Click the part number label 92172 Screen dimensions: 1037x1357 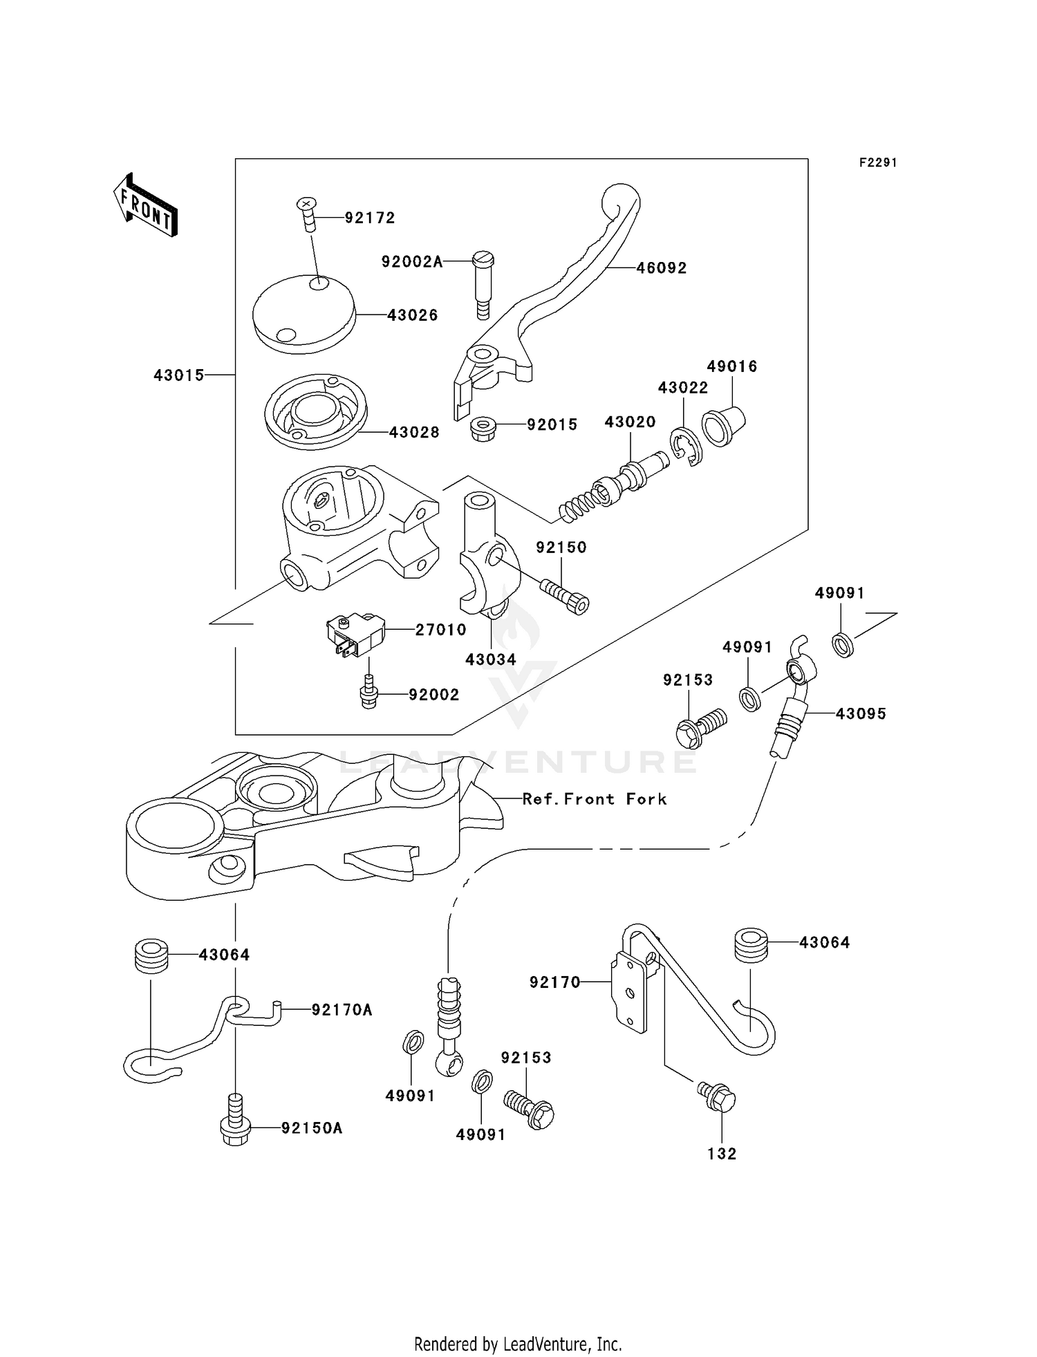pyautogui.click(x=370, y=218)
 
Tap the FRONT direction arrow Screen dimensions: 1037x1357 pyautogui.click(x=145, y=205)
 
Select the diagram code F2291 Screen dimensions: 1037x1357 pyautogui.click(x=878, y=162)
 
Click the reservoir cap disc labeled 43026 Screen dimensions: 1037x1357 pyautogui.click(x=303, y=314)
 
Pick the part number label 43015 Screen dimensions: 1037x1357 pyautogui.click(x=179, y=375)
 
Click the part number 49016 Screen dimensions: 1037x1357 pyautogui.click(x=732, y=366)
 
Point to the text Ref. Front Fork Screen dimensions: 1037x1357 pyautogui.click(x=595, y=799)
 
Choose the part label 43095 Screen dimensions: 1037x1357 pyautogui.click(x=861, y=713)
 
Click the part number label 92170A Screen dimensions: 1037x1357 pyautogui.click(x=342, y=1010)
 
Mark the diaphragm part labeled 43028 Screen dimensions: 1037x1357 pyautogui.click(x=315, y=412)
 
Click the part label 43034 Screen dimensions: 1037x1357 pyautogui.click(x=491, y=659)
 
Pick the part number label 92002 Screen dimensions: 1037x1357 pyautogui.click(x=433, y=695)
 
